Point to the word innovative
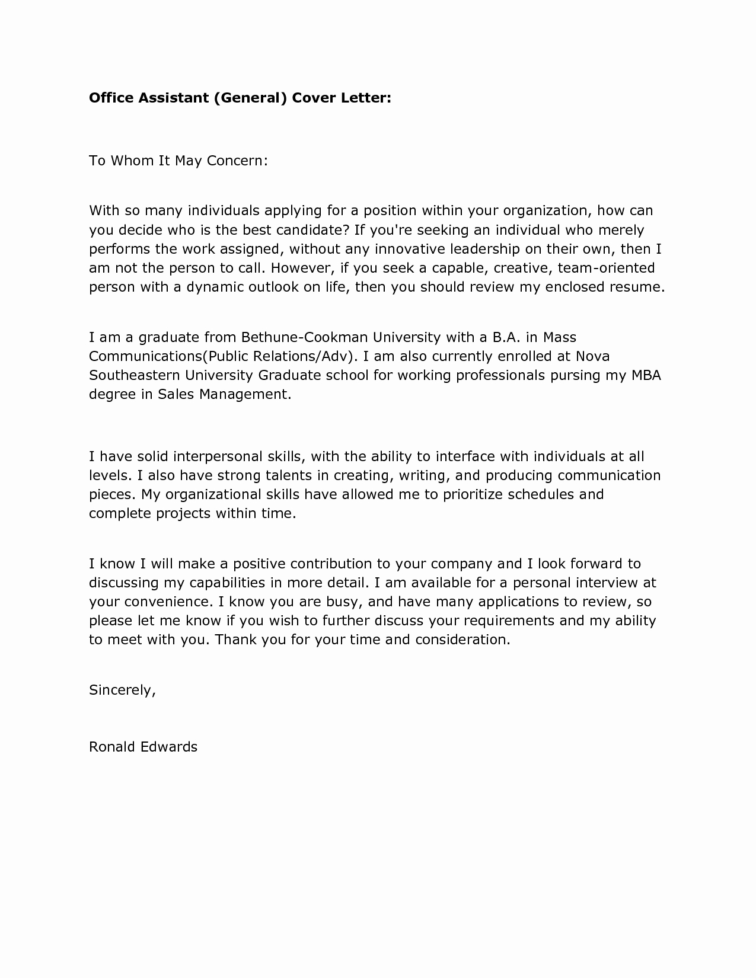click(409, 248)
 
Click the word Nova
click(592, 356)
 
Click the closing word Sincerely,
click(122, 690)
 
